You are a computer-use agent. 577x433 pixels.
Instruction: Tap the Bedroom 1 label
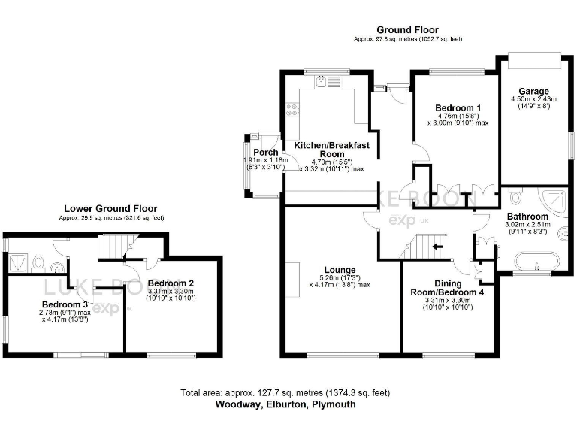pos(454,107)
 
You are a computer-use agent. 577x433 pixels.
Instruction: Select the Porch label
pos(266,153)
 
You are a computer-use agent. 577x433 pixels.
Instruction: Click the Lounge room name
pos(340,270)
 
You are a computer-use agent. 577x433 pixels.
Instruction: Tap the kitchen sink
pos(320,83)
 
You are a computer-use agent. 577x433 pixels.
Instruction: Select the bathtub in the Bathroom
pos(534,262)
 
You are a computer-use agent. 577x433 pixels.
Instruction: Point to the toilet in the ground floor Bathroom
pos(515,198)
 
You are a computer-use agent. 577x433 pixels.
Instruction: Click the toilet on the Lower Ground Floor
pos(56,263)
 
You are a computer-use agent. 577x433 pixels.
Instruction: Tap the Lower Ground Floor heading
pos(110,209)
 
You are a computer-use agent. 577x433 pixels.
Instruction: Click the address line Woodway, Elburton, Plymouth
pos(285,404)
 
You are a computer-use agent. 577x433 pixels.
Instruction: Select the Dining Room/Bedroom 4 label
pos(446,291)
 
